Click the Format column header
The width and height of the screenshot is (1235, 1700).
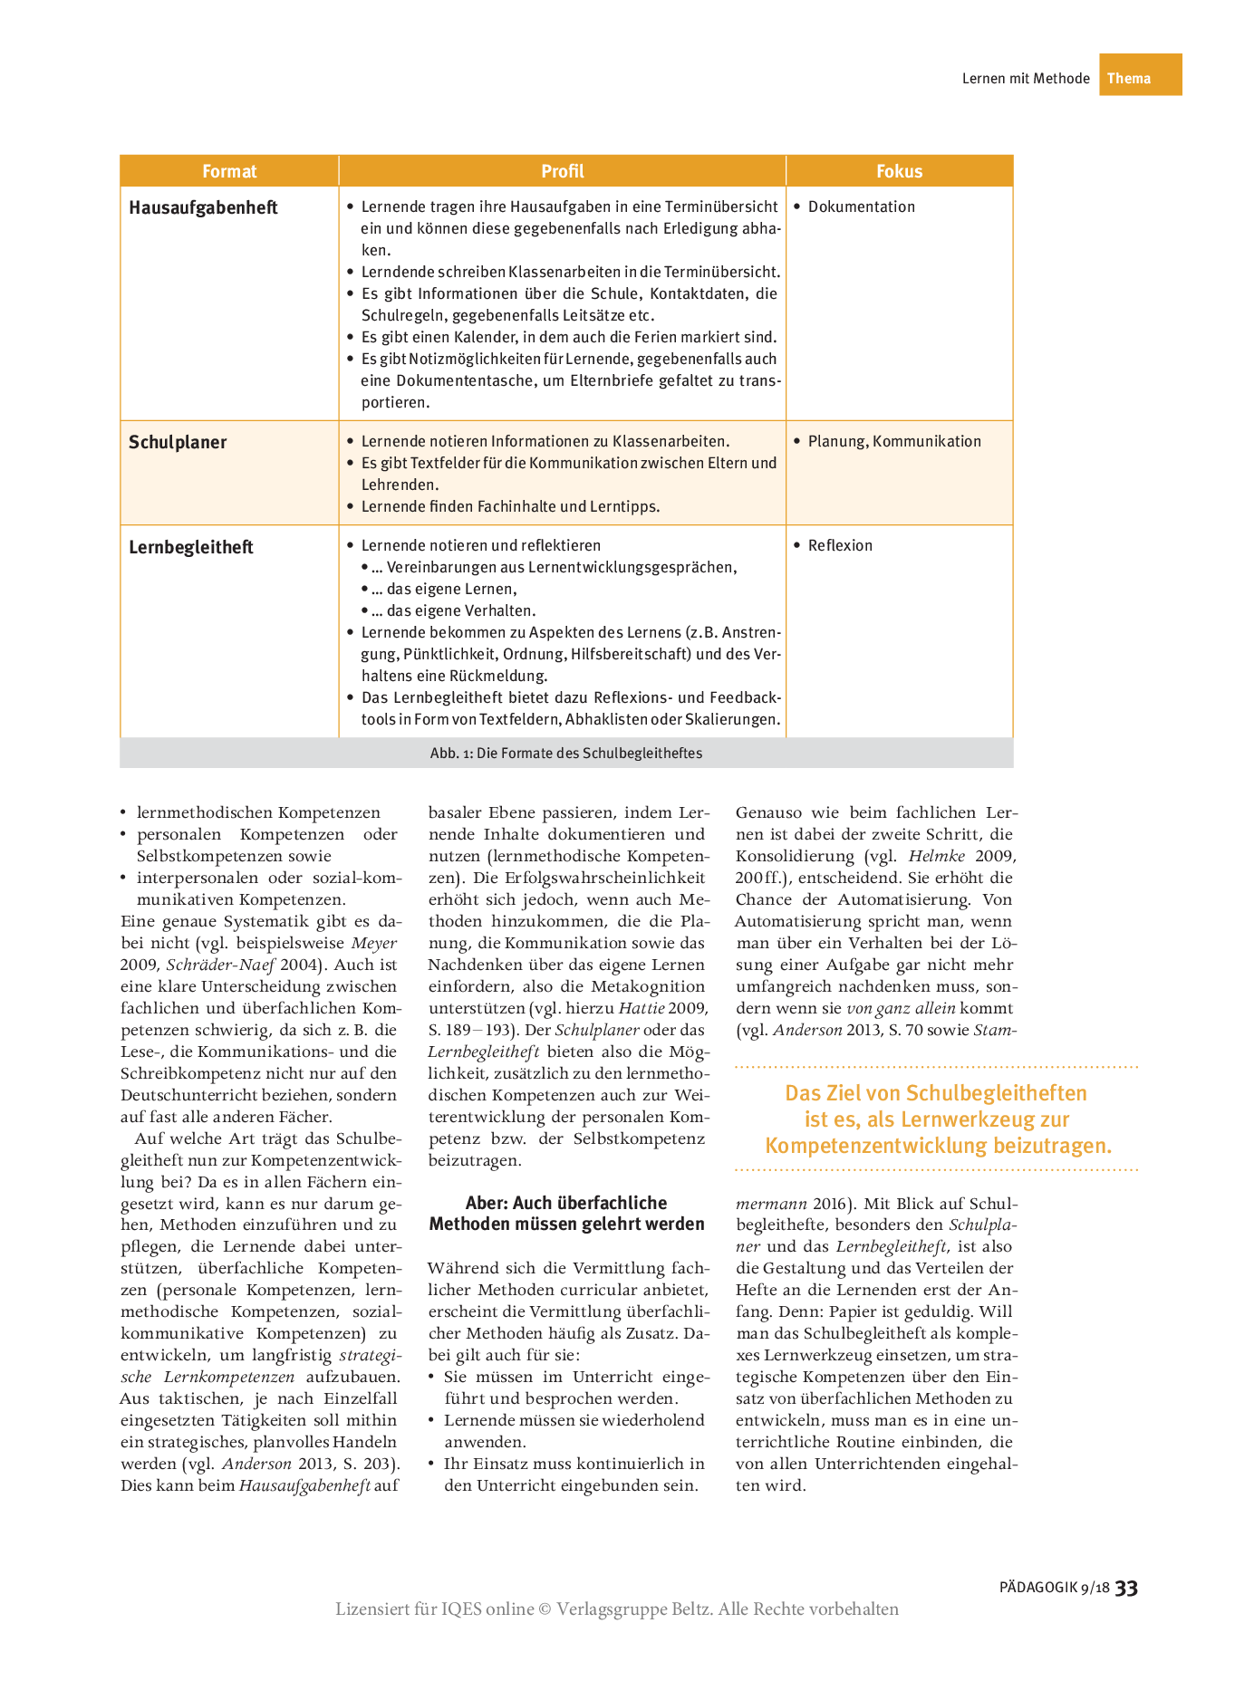coord(229,171)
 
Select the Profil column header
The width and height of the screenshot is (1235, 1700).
coord(562,171)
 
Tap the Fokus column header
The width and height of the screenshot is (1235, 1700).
coord(899,171)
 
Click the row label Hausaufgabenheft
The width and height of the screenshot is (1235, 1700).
coord(203,207)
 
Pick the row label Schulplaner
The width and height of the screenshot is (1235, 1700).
coord(178,442)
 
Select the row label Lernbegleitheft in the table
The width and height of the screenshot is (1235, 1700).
coord(191,547)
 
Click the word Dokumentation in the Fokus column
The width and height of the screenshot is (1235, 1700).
coord(861,206)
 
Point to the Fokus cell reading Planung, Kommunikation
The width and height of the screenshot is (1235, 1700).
coord(893,441)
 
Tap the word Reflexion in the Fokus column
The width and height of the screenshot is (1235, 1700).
coord(840,545)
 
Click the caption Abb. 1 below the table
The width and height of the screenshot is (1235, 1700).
coord(565,753)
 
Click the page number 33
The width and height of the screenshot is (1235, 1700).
coord(1126,1588)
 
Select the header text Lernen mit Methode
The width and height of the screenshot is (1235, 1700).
coord(1026,79)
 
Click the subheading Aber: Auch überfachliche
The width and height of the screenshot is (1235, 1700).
coord(566,1203)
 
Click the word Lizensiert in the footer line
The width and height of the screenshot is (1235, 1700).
coord(371,1609)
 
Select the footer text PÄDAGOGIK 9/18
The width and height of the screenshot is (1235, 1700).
coord(1054,1588)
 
